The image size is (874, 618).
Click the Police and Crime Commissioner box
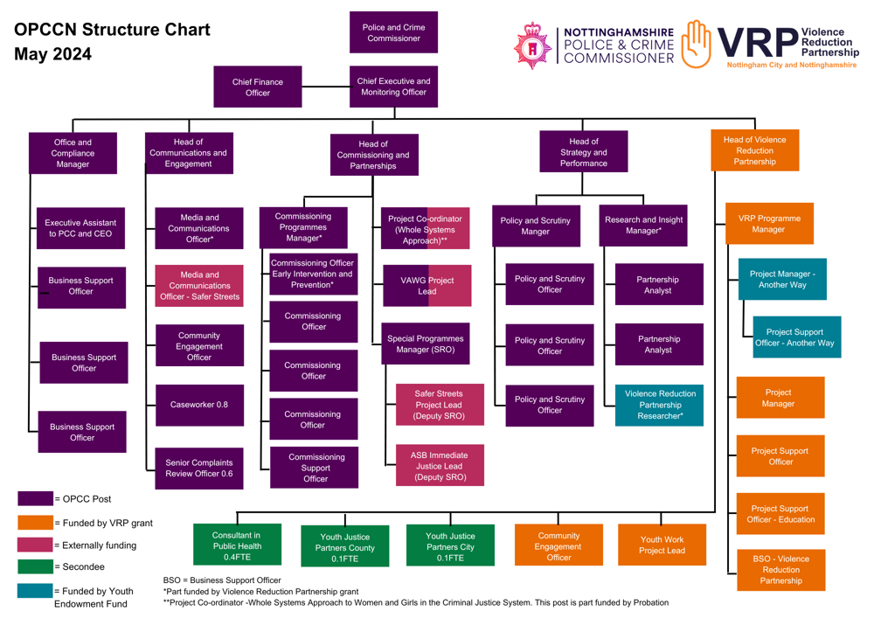point(393,33)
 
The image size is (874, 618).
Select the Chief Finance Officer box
point(258,87)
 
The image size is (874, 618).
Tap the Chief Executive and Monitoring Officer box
point(393,87)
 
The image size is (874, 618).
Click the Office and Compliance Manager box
point(73,153)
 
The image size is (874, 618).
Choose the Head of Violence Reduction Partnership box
point(754,150)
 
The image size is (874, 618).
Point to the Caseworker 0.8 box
point(199,405)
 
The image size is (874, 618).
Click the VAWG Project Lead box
point(427,286)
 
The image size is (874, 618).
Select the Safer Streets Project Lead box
point(439,406)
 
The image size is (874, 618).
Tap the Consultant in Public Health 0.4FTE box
point(237,545)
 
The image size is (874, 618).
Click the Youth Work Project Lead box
point(662,545)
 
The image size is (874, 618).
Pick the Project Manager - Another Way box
point(782,279)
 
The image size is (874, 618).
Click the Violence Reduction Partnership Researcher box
point(660,405)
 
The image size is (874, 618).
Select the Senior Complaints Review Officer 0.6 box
point(199,469)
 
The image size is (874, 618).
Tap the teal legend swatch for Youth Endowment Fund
point(35,592)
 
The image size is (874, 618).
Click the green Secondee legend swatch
point(35,567)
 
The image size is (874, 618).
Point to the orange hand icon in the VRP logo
point(697,44)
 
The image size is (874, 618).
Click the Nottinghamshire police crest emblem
point(532,45)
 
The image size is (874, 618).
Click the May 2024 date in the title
point(52,55)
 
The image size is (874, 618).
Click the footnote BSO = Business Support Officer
point(222,580)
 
